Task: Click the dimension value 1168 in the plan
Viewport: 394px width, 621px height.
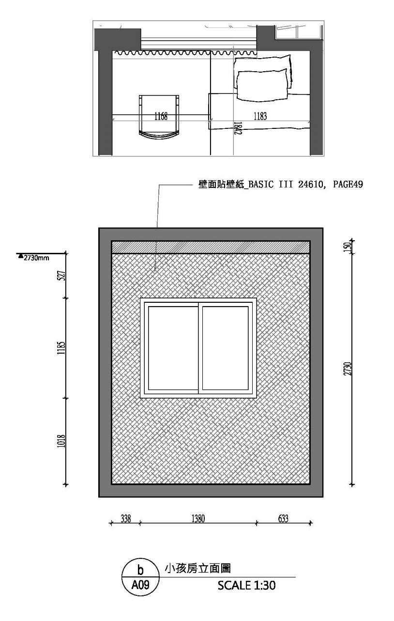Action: tap(161, 116)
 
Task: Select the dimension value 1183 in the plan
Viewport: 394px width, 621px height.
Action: tap(260, 116)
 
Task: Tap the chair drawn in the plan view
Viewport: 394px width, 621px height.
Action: tap(160, 116)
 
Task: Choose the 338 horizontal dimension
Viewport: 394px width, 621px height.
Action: tap(125, 519)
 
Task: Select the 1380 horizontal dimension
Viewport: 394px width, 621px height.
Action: tap(198, 519)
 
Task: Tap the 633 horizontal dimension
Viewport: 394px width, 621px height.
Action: tap(283, 519)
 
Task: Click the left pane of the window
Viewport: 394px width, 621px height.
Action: tap(172, 348)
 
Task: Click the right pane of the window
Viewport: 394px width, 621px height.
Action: tap(225, 348)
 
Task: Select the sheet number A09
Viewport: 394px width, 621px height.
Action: tap(140, 585)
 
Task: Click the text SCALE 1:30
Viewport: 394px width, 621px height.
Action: tap(246, 585)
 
